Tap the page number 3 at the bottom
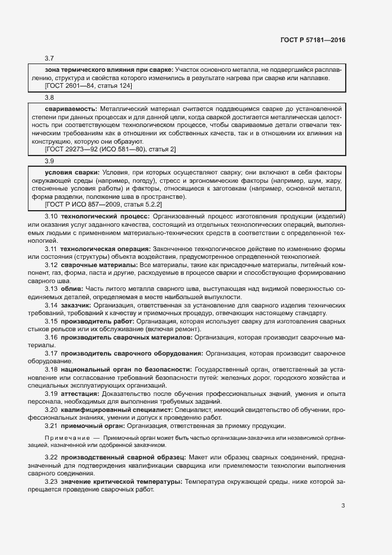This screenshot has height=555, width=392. [x=343, y=506]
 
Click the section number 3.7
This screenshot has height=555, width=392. [x=49, y=58]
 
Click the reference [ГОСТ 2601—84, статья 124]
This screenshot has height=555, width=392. [x=84, y=86]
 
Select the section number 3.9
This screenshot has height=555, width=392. [x=49, y=161]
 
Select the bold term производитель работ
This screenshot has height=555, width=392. [x=97, y=321]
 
